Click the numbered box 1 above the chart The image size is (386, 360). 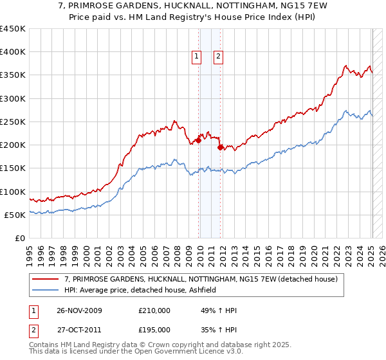coord(196,57)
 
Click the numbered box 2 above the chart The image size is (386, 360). coord(219,57)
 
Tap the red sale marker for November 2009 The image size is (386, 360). coord(199,140)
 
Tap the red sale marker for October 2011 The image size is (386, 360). coord(221,147)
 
